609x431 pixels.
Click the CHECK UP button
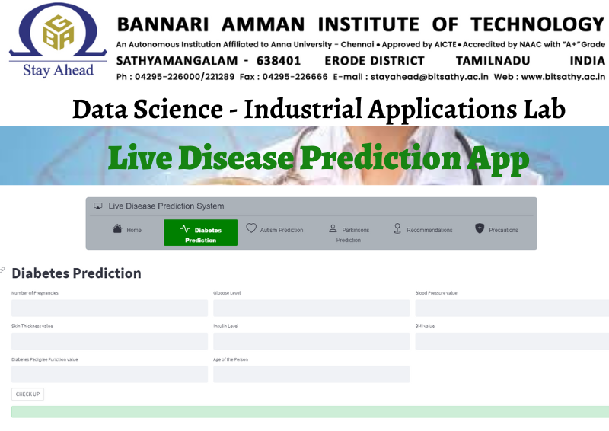coord(27,394)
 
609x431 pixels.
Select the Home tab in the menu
coord(127,230)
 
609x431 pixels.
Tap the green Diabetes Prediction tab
coord(200,232)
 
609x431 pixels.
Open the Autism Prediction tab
coord(275,230)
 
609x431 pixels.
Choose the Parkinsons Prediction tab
coord(349,234)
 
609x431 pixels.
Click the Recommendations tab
coord(423,230)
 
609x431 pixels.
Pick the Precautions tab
coord(497,230)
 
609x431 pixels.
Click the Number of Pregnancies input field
coord(110,308)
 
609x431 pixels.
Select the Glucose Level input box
coord(311,308)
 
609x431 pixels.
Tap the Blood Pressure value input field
coord(512,308)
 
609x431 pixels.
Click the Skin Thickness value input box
coord(110,341)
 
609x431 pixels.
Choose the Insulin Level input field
coord(311,341)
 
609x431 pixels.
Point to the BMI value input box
coord(512,341)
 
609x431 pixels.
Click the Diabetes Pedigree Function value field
coord(110,374)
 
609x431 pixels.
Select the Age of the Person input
coord(311,374)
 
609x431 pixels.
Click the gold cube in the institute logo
coord(59,33)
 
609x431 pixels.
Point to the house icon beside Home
coord(117,228)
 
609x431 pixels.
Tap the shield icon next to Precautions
coord(480,228)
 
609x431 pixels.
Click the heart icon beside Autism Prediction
coord(251,228)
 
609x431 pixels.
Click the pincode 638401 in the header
coord(279,61)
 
